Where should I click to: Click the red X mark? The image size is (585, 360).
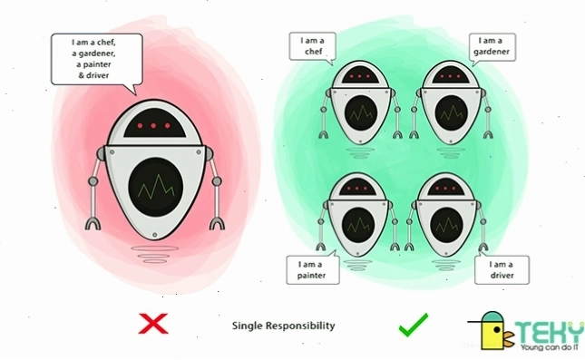153,324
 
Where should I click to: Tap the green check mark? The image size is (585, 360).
414,325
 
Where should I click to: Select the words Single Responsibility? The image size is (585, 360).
284,326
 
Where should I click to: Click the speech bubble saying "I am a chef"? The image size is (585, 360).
313,47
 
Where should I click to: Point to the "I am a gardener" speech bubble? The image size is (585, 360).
492,47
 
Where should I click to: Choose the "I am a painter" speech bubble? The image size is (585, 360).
313,269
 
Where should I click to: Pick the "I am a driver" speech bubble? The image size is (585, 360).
502,269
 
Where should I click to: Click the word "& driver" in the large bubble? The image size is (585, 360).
93,75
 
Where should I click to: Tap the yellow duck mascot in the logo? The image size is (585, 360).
492,331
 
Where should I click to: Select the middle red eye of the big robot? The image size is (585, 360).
153,126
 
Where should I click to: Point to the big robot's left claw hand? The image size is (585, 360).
93,223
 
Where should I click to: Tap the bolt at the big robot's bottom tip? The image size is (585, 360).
155,235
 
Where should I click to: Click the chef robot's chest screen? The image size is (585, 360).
361,112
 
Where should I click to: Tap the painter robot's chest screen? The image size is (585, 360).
358,224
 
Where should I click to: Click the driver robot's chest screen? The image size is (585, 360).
446,225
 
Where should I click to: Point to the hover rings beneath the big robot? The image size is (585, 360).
155,254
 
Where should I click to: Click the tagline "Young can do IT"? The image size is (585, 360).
551,347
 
